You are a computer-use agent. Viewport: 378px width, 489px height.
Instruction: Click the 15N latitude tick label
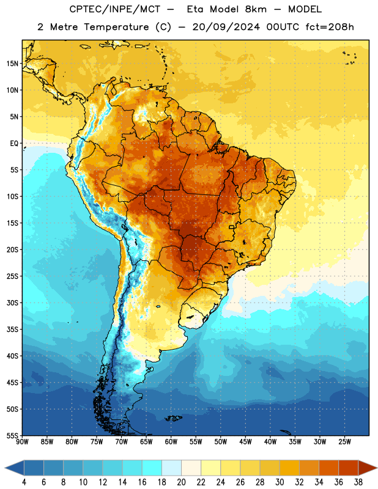click(12, 64)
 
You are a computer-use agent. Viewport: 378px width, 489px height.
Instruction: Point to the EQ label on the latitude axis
click(14, 144)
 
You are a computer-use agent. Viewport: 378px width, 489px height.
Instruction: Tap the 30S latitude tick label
click(12, 303)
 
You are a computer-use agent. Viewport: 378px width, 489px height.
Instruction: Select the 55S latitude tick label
click(12, 435)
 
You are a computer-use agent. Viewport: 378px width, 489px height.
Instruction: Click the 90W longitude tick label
click(22, 442)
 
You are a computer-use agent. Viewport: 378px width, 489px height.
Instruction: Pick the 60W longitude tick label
click(171, 442)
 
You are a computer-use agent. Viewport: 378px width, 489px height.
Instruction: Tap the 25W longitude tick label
click(344, 442)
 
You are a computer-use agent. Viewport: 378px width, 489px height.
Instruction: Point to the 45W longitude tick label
click(245, 442)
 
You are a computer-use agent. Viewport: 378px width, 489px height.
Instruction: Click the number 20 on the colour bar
click(181, 482)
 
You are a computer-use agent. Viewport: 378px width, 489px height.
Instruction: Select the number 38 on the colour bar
click(358, 482)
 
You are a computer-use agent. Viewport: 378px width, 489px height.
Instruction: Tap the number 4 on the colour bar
click(24, 482)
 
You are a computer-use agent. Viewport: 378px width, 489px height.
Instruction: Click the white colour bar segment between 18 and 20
click(171, 468)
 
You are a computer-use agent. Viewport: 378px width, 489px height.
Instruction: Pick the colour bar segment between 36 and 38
click(349, 468)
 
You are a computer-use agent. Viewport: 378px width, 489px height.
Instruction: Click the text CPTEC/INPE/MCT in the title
click(115, 9)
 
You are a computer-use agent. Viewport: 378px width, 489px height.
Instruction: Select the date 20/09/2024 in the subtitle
click(226, 27)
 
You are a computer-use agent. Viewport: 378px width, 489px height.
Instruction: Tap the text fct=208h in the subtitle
click(330, 27)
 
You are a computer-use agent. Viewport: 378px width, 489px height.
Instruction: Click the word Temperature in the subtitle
click(116, 28)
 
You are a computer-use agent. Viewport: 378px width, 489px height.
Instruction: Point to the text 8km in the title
click(256, 9)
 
